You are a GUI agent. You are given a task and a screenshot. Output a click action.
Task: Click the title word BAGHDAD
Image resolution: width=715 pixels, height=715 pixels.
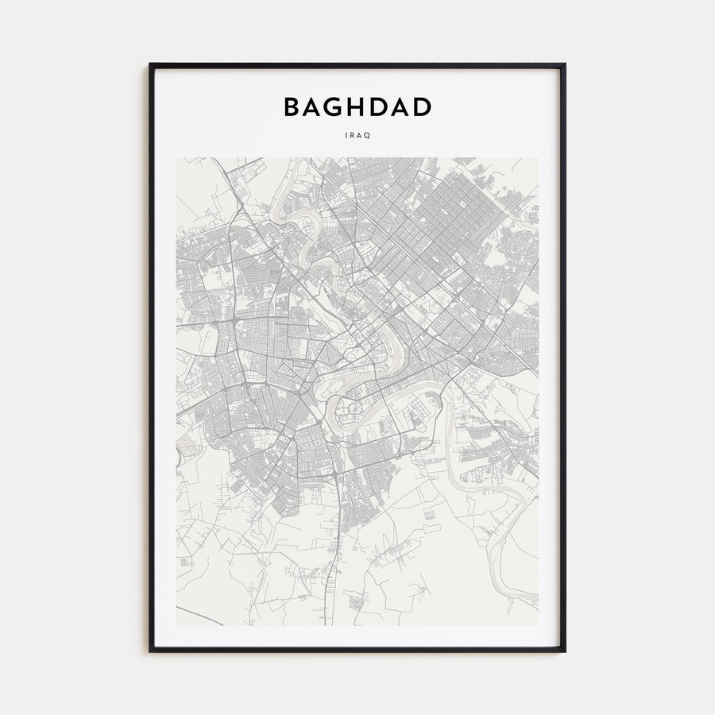[357, 107]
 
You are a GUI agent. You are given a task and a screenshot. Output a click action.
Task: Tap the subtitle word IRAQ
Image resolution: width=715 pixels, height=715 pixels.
[357, 135]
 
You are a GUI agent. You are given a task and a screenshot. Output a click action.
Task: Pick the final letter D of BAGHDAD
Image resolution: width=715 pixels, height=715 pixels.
[422, 107]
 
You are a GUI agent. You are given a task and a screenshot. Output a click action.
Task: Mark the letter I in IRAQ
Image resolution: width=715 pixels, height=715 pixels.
[347, 135]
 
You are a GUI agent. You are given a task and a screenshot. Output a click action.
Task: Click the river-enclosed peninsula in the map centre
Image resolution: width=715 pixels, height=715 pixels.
[348, 412]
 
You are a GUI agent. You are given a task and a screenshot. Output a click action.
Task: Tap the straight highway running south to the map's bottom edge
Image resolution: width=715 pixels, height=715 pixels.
[344, 556]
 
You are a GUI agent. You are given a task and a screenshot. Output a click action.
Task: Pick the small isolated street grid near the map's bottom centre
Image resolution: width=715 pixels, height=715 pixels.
[430, 516]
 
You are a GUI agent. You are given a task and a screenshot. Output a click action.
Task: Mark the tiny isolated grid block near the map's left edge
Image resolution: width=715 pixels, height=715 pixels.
[185, 562]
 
